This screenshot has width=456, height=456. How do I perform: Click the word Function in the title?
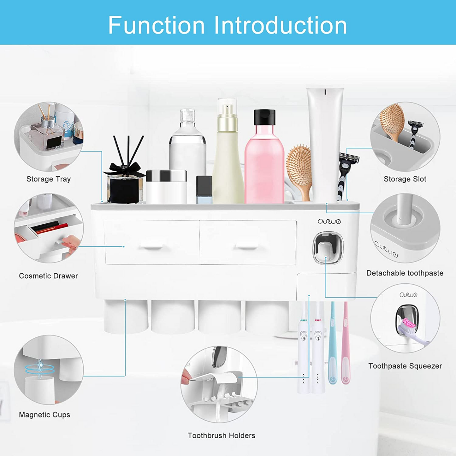click(157, 25)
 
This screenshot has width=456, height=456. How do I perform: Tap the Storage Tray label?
click(48, 179)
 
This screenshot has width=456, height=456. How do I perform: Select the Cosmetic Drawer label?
click(48, 276)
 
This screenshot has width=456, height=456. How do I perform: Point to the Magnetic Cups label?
click(44, 415)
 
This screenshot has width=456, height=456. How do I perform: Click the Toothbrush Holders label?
click(221, 435)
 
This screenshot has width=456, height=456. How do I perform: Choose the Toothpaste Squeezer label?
click(405, 366)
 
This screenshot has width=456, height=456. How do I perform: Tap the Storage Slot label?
click(405, 179)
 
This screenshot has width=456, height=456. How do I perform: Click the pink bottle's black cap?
click(264, 117)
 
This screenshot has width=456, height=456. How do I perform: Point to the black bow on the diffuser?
click(125, 169)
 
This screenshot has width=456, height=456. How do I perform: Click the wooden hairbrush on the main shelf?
click(299, 167)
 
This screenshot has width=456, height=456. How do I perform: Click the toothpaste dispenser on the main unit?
click(328, 248)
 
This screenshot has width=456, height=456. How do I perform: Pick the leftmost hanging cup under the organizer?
click(126, 316)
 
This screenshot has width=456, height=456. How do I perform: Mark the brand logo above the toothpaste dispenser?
click(329, 221)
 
